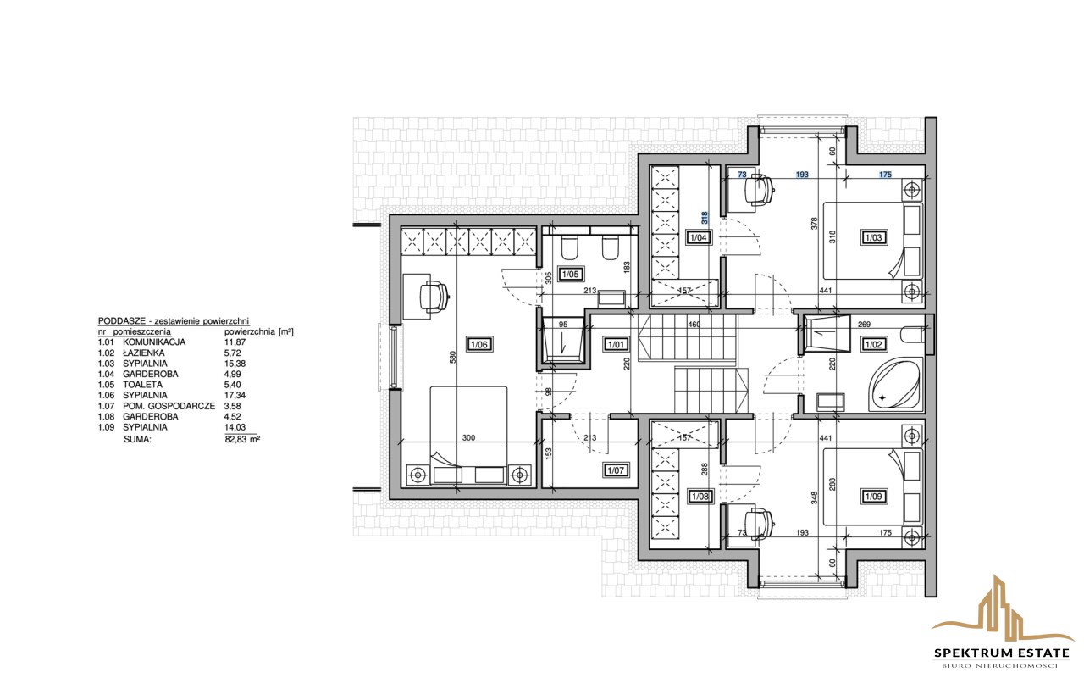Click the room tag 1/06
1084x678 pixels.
(479, 345)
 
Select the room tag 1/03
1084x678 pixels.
(873, 237)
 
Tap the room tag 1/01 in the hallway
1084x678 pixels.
(616, 345)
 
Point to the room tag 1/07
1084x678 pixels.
(616, 470)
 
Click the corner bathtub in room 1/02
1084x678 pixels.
(896, 385)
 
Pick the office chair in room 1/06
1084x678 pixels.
(434, 296)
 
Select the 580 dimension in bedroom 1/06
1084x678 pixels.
(453, 358)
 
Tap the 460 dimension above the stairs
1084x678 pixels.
(694, 325)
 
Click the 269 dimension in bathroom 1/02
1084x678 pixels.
(865, 325)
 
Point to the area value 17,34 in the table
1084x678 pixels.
(235, 395)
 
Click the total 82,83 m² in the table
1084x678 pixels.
(243, 439)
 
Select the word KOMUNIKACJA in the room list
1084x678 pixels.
(154, 342)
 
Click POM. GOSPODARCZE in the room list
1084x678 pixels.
(169, 406)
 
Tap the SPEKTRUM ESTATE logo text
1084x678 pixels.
(1002, 653)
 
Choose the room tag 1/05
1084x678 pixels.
(571, 274)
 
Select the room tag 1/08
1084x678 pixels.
(700, 497)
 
